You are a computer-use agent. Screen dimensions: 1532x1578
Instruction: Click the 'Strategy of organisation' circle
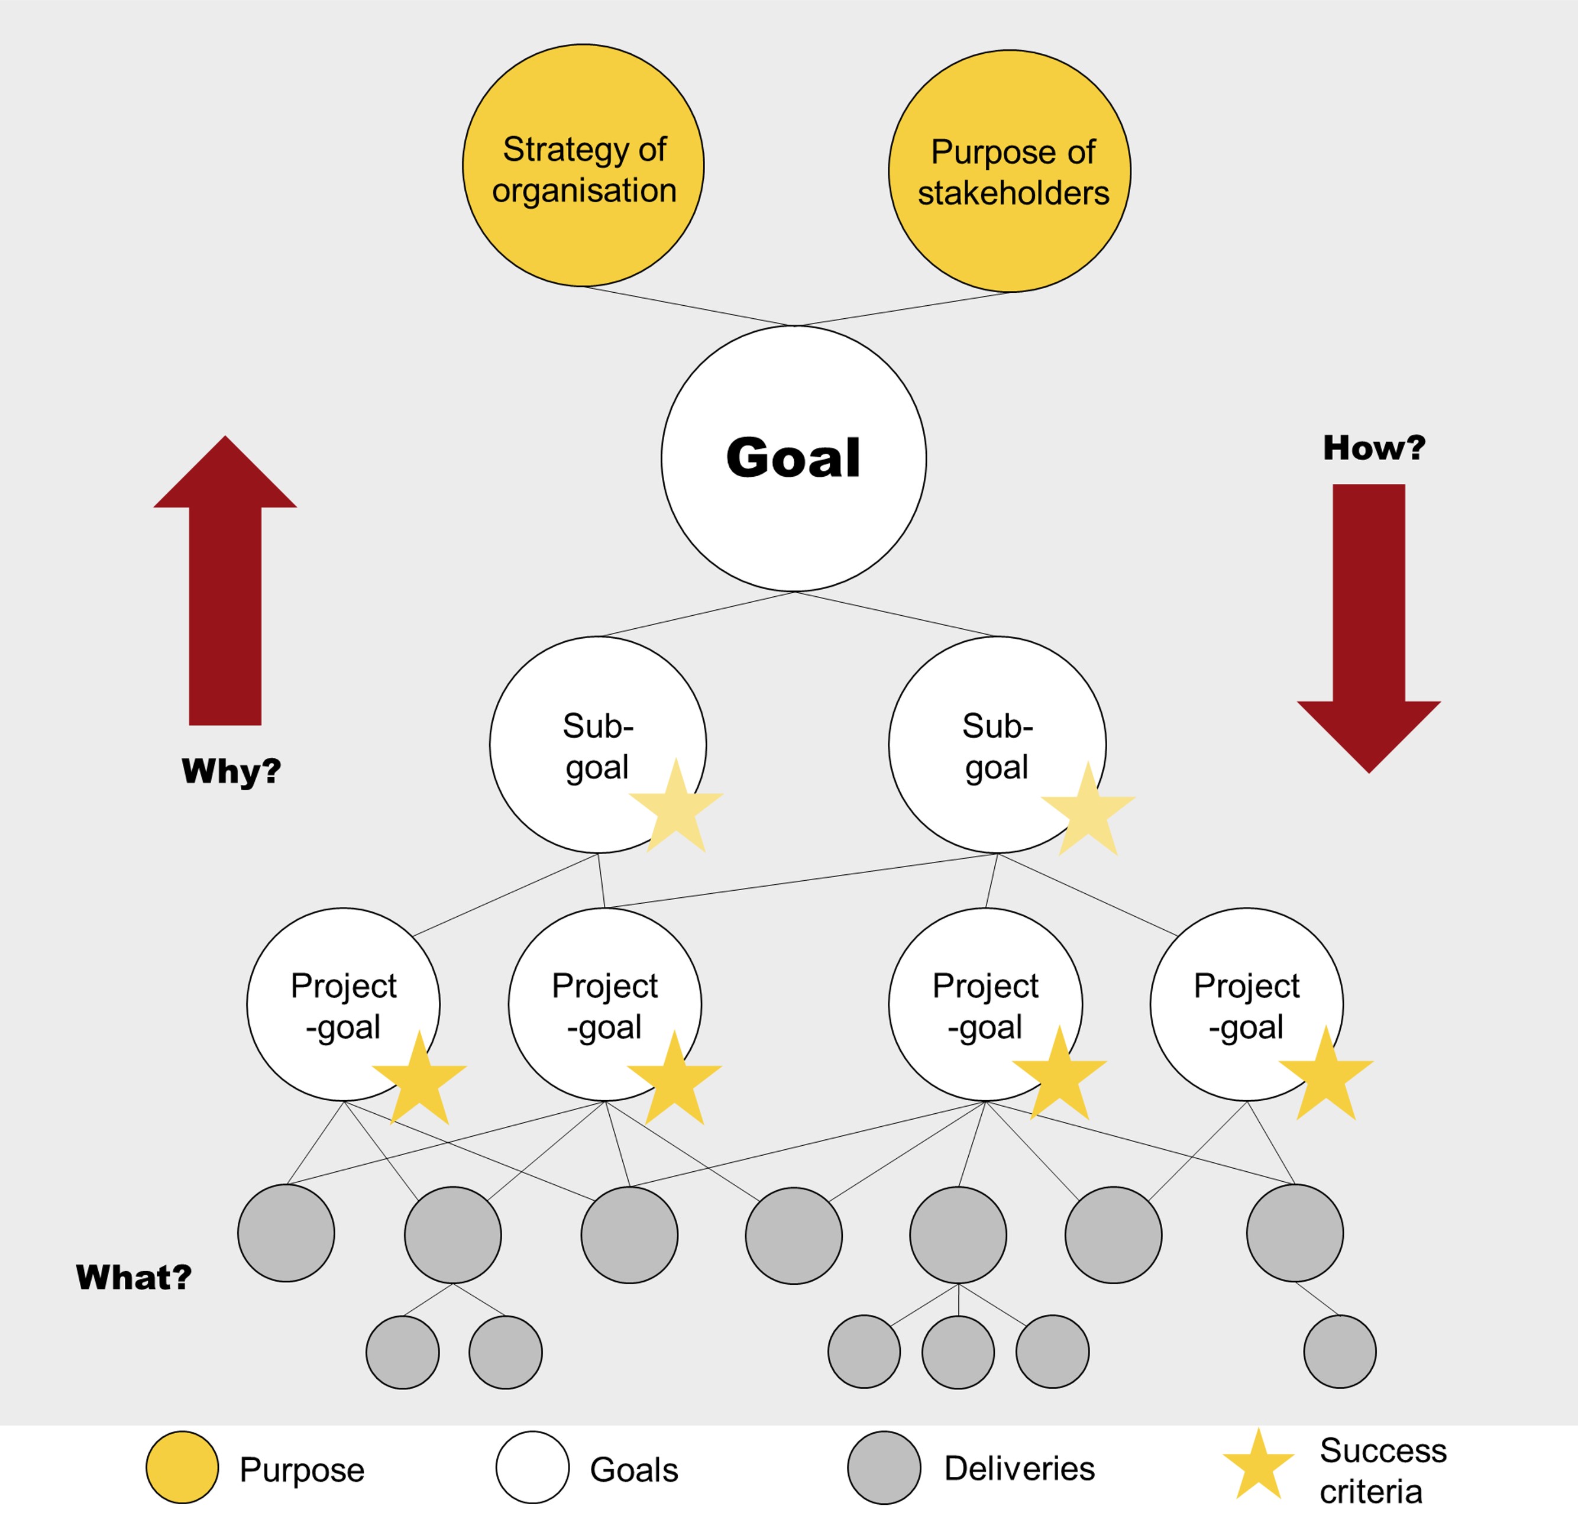tap(583, 166)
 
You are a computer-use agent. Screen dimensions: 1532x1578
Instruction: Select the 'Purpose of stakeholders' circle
tap(1009, 172)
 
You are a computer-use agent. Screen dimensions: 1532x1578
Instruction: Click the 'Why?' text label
tap(231, 771)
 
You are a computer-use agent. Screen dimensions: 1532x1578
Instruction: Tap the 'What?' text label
tap(134, 1278)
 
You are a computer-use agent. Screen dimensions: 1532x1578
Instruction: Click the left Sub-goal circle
tap(597, 745)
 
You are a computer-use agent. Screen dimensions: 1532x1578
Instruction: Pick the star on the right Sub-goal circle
tap(1088, 812)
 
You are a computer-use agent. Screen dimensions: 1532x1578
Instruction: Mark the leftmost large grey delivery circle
tap(286, 1233)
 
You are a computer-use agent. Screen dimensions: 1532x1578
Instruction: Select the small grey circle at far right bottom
tap(1340, 1352)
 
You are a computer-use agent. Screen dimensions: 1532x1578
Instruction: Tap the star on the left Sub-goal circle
tap(675, 808)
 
